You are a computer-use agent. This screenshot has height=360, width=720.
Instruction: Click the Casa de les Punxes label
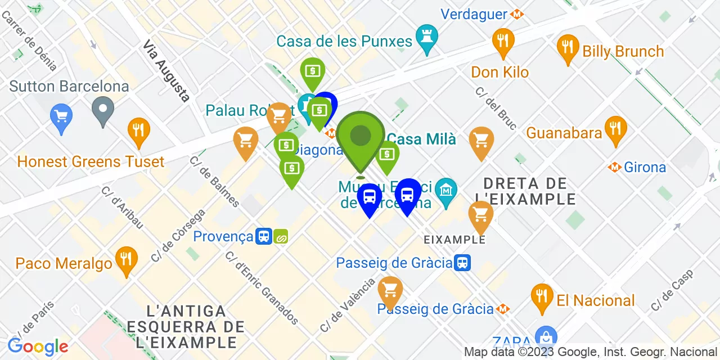(x=344, y=41)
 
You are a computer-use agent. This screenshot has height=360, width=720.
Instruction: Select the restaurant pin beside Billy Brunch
(x=568, y=49)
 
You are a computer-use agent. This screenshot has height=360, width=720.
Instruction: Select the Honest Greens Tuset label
(x=91, y=162)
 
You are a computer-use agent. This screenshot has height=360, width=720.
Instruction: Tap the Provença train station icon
(x=263, y=236)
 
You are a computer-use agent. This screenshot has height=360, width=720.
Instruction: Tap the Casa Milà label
(x=421, y=139)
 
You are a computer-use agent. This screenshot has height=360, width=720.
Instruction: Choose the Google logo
(x=38, y=346)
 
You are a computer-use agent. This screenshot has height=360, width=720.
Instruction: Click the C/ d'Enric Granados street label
(x=262, y=288)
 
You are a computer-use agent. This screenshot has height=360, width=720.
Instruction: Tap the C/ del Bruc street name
(x=495, y=109)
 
